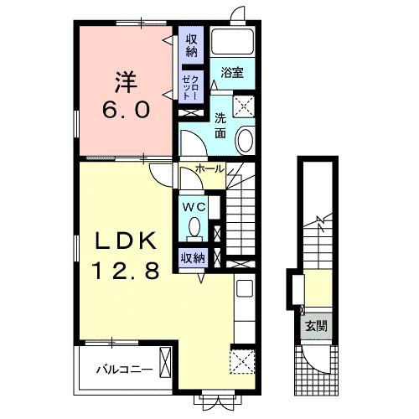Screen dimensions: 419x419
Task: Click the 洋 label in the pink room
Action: click(126, 82)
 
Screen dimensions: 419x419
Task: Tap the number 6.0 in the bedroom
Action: click(126, 109)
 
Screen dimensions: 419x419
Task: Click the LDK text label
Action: click(126, 241)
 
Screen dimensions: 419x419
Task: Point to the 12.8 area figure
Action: click(127, 271)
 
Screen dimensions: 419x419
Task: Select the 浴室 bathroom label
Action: click(232, 73)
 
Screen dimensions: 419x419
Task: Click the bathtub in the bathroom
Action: click(233, 41)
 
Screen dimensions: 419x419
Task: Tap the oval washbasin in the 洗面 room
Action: click(246, 140)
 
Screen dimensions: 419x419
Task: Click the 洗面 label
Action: click(220, 127)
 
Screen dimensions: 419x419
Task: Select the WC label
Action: click(194, 207)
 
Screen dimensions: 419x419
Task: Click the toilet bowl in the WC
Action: click(194, 226)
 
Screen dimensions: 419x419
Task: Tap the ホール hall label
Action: click(209, 168)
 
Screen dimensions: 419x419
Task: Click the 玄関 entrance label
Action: click(316, 326)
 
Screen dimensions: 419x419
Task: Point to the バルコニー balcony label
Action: click(125, 370)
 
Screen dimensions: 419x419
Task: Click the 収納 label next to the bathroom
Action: click(192, 46)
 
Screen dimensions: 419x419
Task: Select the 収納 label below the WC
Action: click(193, 258)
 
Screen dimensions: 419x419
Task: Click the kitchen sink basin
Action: click(245, 288)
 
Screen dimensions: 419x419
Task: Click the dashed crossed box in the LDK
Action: click(242, 361)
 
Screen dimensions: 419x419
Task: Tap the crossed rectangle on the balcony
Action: click(165, 363)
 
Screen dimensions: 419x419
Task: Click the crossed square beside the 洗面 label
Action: click(244, 106)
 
